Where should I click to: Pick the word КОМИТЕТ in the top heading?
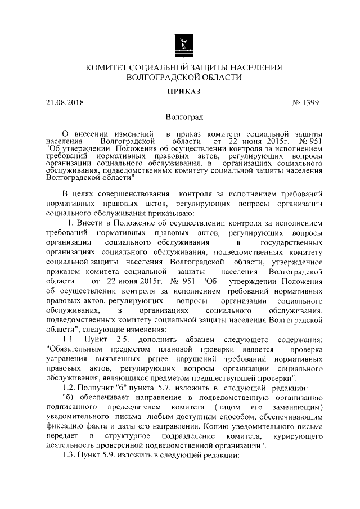pyautogui.click(x=106, y=67)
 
